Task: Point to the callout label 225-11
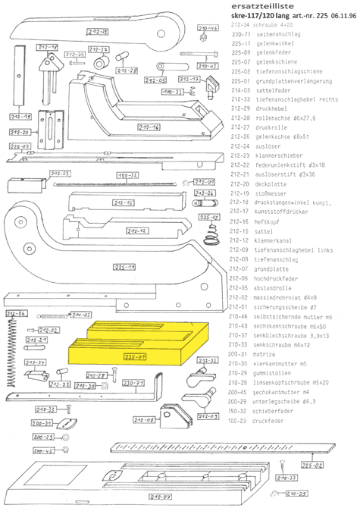coord(125,268)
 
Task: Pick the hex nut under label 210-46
coord(203,31)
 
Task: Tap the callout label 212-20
coord(19,133)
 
